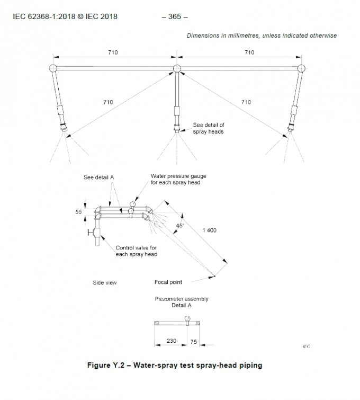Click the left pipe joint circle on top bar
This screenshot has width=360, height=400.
(53, 68)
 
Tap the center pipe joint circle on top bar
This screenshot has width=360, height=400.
(177, 68)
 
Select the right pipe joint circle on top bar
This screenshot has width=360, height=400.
(301, 68)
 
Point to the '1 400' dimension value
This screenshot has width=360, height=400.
(209, 230)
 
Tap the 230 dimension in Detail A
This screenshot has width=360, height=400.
(172, 341)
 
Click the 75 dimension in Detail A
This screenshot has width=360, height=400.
(193, 342)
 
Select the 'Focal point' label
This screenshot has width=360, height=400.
(168, 282)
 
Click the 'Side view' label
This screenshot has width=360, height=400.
(105, 283)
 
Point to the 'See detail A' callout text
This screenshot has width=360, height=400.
(100, 177)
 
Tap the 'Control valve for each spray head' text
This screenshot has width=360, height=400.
(136, 251)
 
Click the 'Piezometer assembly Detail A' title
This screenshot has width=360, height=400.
(182, 302)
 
